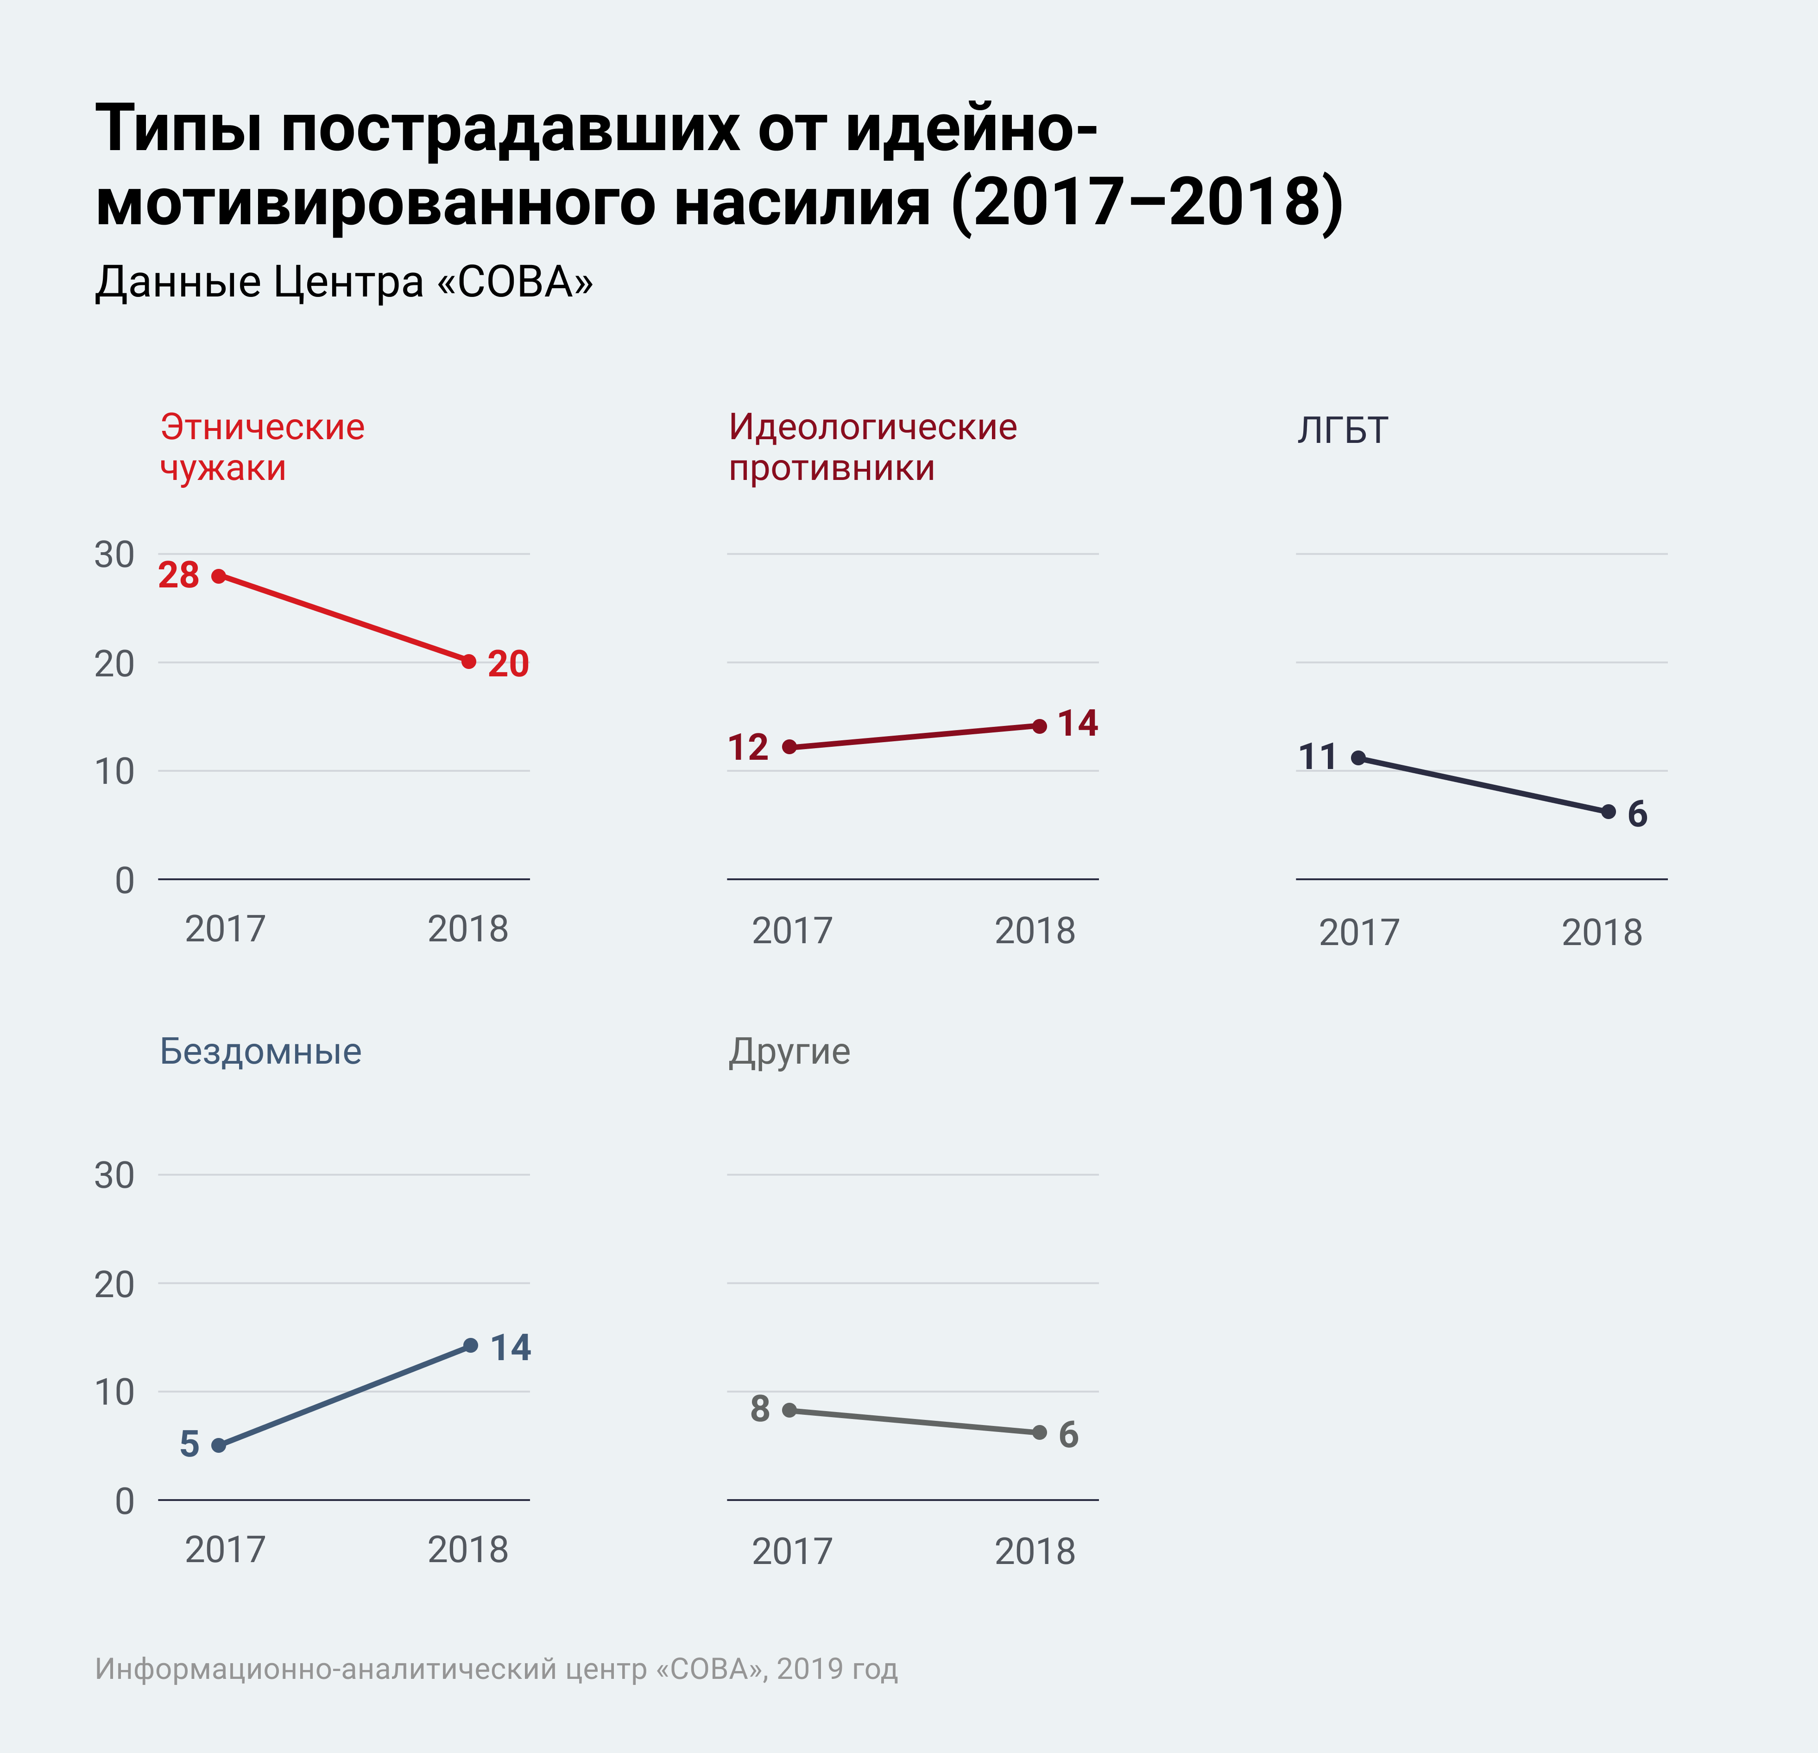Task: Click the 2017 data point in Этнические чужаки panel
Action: [219, 576]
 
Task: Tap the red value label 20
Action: [508, 664]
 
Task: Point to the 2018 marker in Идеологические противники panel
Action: [1040, 726]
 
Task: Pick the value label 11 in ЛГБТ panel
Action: [1317, 758]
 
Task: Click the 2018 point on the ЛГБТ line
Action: [1609, 812]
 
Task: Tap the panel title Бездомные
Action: [261, 1052]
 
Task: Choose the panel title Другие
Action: [789, 1052]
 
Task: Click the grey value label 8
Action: [760, 1409]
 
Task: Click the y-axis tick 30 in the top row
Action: [114, 555]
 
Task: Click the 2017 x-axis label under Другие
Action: [792, 1552]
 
